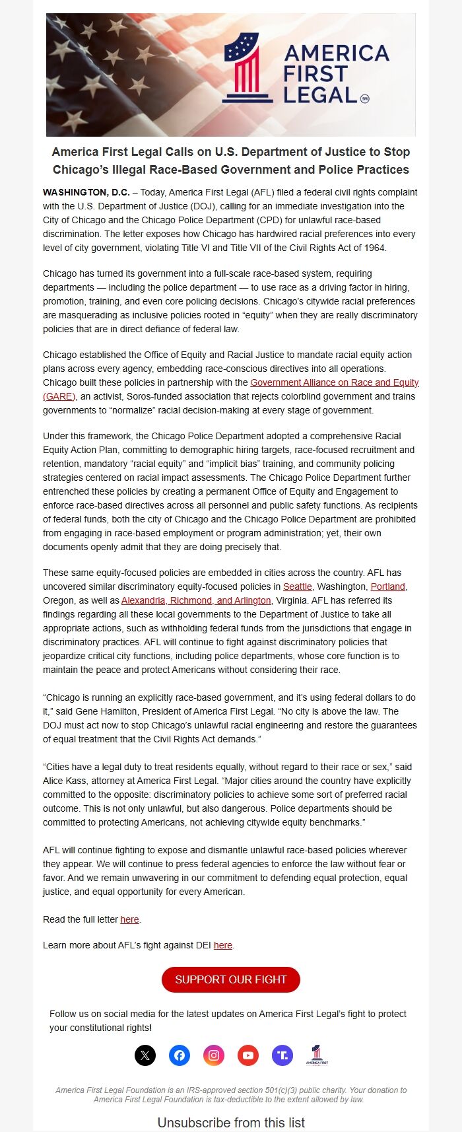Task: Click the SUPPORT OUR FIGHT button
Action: click(231, 979)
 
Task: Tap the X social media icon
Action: click(145, 1055)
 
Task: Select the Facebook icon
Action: click(180, 1055)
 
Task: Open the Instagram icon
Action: click(214, 1055)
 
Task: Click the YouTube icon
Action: click(248, 1055)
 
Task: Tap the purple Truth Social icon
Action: click(282, 1055)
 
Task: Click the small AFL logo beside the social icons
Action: click(317, 1055)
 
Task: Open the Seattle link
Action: click(298, 586)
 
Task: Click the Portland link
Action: click(388, 586)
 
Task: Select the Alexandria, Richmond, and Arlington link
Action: click(196, 600)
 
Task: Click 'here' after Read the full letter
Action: click(129, 919)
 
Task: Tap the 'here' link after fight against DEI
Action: click(223, 945)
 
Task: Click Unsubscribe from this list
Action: click(231, 1123)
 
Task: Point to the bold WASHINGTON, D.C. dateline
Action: click(86, 192)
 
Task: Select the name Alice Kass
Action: click(67, 781)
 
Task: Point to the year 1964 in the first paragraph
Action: click(374, 248)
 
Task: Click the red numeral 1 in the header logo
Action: click(246, 69)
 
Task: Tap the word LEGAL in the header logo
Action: click(320, 95)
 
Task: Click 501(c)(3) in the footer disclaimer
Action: click(304, 1090)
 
